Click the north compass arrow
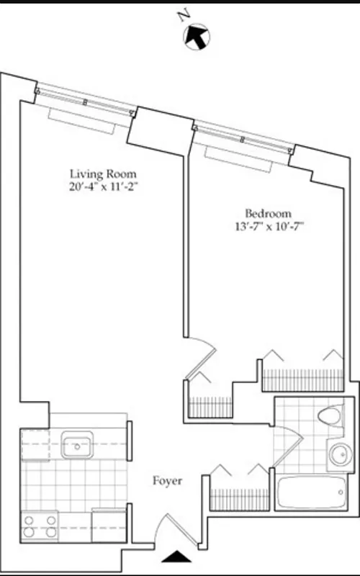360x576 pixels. coord(197,37)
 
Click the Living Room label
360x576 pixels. coord(103,174)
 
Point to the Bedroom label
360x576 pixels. coord(268,213)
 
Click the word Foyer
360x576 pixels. coord(166,480)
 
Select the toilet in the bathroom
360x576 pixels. coord(329,419)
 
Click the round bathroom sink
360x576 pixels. coord(337,455)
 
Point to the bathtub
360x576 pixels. coord(310,495)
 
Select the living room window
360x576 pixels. coord(86,99)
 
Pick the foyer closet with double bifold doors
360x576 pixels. coord(237,490)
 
